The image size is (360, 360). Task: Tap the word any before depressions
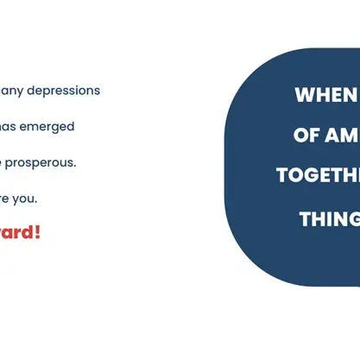[x=12, y=91]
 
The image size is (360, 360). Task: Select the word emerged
[x=47, y=126]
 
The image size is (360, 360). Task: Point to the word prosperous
[x=42, y=162]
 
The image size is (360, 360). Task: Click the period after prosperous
[x=75, y=162]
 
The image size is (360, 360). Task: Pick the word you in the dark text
[x=28, y=199]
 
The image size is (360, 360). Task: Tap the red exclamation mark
[x=37, y=232]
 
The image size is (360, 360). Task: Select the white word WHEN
[x=325, y=95]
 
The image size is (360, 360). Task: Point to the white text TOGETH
[x=318, y=175]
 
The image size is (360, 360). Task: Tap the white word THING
[x=329, y=219]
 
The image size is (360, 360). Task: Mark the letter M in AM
[x=350, y=136]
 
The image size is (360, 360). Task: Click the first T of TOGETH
[x=282, y=175]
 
